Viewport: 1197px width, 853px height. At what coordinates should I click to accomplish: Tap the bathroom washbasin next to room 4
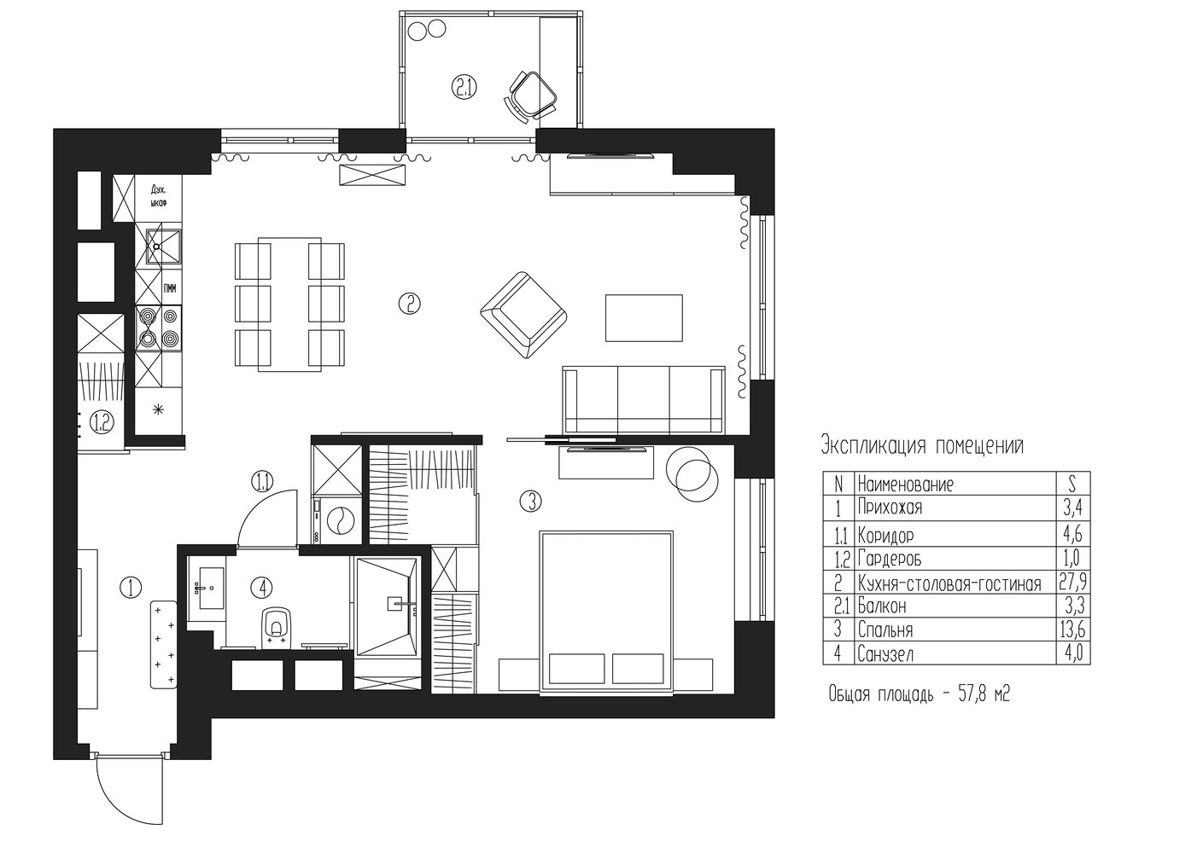coord(212,589)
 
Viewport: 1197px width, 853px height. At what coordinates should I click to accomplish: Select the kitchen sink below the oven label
coord(164,247)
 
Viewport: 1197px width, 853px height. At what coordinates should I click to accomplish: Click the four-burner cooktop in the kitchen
coord(158,328)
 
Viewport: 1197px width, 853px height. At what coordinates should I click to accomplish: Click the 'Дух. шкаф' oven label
coord(158,195)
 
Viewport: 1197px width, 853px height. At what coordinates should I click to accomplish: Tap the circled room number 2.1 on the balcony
coord(464,87)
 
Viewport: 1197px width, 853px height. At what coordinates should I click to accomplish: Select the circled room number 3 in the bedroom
coord(531,501)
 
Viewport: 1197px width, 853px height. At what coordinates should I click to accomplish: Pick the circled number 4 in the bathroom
coord(262,588)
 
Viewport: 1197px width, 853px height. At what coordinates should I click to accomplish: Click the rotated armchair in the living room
coord(523,316)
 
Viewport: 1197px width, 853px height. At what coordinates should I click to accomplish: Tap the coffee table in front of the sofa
coord(644,317)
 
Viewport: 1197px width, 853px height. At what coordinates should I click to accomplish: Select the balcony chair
coord(530,97)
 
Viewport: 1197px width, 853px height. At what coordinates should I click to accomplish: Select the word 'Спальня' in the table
coord(885,630)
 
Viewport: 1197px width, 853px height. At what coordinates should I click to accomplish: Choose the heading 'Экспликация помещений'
coord(922,446)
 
